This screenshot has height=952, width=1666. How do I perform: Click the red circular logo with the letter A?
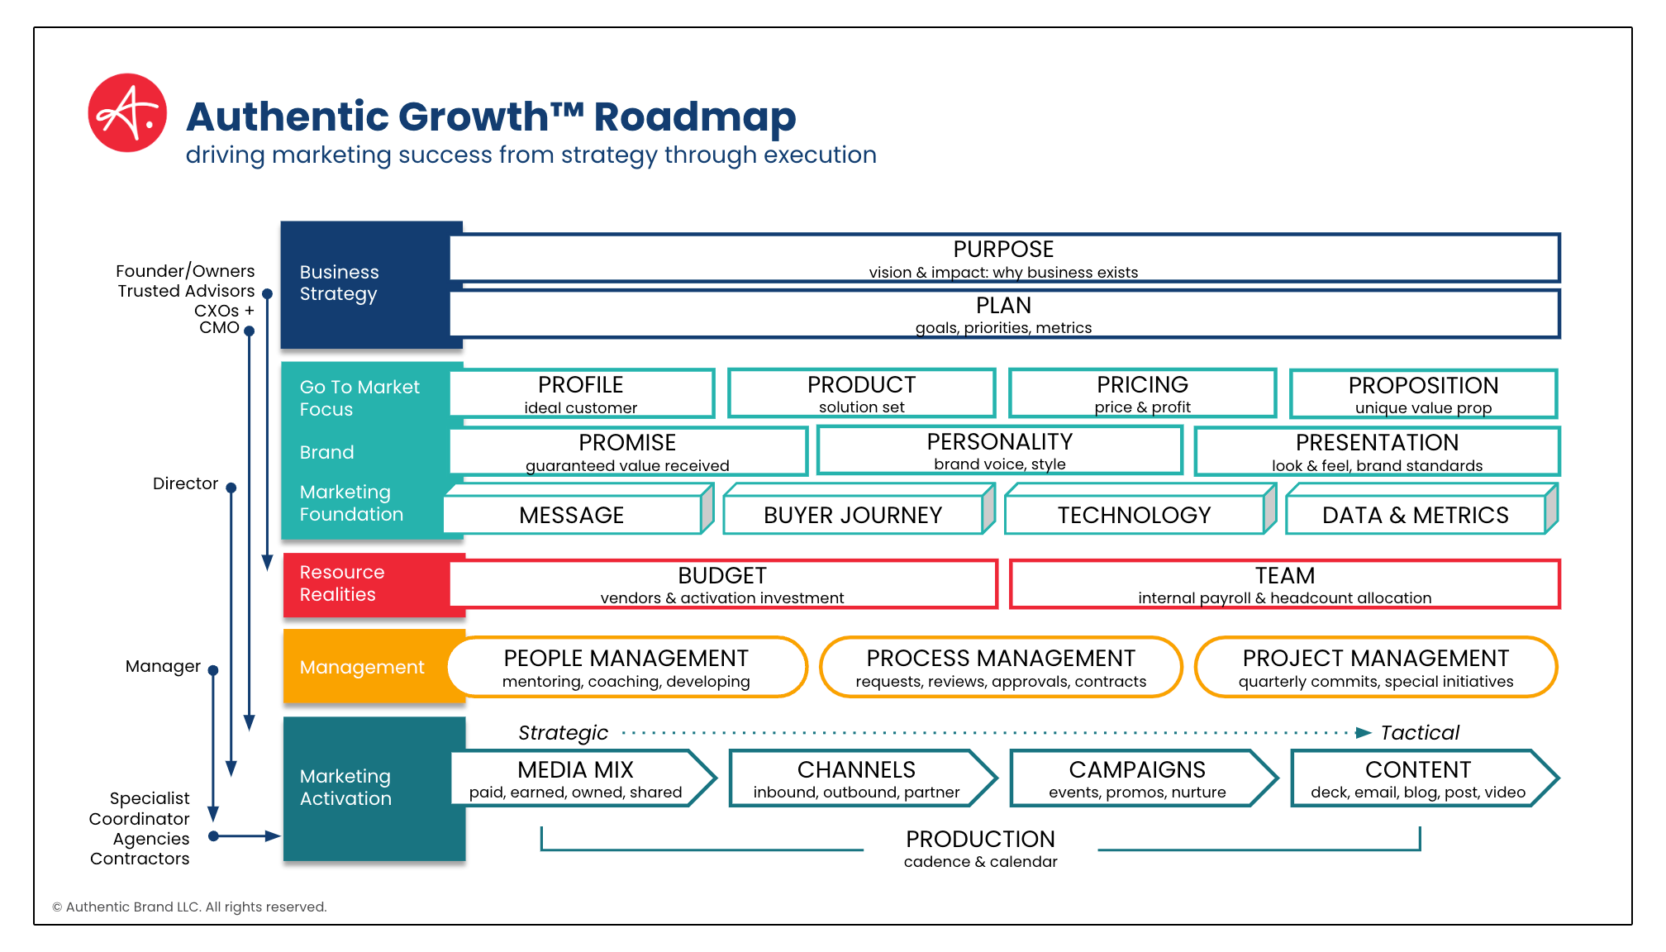tap(127, 113)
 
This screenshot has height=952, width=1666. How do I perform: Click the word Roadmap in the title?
tap(694, 117)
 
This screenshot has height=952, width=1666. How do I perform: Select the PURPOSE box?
tap(1003, 259)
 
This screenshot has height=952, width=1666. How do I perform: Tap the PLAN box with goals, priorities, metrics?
tap(1003, 314)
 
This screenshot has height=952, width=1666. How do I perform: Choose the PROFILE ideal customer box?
tap(581, 393)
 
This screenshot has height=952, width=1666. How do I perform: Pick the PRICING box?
tap(1142, 393)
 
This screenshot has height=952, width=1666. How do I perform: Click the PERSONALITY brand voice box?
tap(999, 450)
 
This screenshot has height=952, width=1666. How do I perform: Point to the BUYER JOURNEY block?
tap(853, 515)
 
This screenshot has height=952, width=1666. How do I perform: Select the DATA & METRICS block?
tap(1415, 515)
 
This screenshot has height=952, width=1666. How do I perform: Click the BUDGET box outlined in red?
tap(722, 584)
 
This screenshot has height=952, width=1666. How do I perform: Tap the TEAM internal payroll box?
tap(1284, 584)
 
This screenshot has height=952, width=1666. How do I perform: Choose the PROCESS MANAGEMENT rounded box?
tap(1000, 667)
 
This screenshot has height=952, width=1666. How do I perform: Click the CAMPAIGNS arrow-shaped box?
tap(1137, 778)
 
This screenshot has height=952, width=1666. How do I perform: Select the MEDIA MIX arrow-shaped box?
tap(576, 778)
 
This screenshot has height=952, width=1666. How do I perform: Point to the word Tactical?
tap(1420, 733)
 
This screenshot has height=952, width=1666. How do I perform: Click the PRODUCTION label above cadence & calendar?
tap(980, 840)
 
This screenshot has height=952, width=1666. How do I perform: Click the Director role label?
tap(185, 483)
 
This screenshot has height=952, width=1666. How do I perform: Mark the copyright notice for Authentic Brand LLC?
tap(189, 907)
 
